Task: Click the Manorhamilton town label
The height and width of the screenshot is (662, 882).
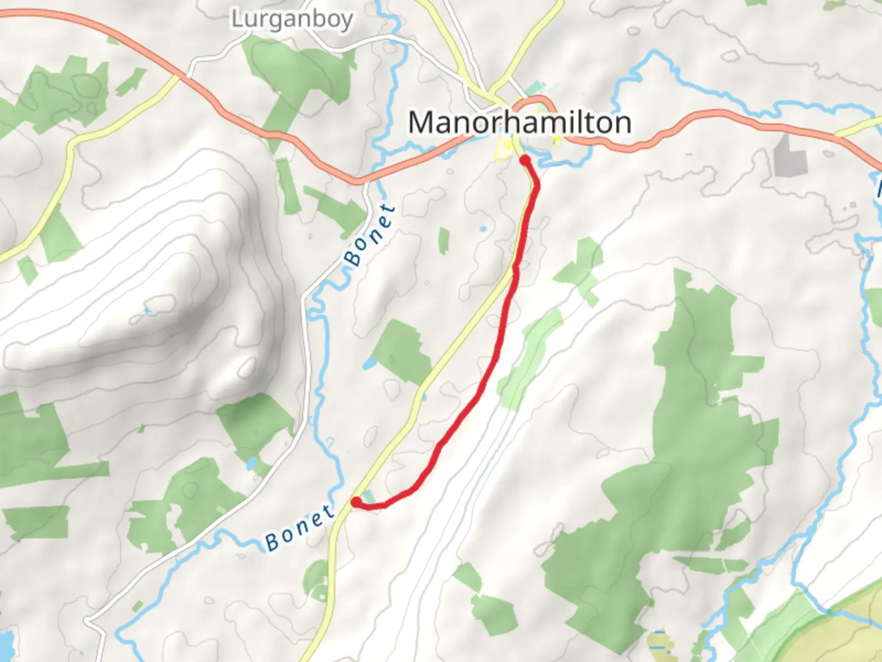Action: coord(519,123)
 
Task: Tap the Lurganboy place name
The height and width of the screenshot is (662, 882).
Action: coord(292,19)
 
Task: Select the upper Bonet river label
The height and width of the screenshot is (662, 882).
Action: coord(369,235)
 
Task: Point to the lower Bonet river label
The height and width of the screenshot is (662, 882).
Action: coord(300,527)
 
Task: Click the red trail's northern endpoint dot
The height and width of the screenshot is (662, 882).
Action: coord(525,161)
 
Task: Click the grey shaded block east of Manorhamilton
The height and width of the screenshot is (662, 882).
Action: coord(786,153)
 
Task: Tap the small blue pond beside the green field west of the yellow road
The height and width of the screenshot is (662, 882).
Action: coord(369,364)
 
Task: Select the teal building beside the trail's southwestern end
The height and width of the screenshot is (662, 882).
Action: coord(369,496)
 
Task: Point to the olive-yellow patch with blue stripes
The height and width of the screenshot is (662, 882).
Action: coord(660,641)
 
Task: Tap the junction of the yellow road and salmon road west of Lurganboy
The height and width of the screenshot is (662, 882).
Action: coord(178,76)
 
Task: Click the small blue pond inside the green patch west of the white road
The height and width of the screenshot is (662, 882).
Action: coord(251,463)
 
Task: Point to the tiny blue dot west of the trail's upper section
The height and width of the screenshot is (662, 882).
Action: coord(483,229)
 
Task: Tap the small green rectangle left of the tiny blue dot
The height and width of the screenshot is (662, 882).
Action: coord(443,240)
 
